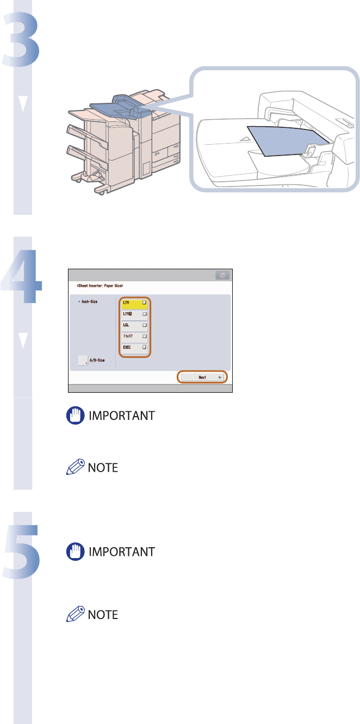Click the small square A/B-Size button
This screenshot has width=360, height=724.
[82, 360]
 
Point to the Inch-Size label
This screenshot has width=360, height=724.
[88, 301]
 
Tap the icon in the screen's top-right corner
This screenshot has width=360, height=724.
[222, 276]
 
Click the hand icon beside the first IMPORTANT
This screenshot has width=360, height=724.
[73, 416]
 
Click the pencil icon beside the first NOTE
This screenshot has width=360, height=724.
[73, 467]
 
